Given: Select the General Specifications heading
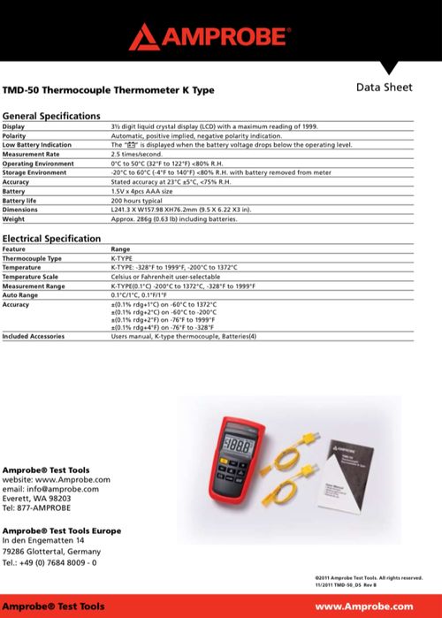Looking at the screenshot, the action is [51, 116].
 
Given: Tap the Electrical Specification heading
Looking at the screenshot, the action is [51, 239].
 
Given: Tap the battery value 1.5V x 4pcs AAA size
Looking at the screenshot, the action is [149, 191].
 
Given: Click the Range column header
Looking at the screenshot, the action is [121, 249].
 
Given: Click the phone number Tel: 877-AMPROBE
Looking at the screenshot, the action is [36, 508].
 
